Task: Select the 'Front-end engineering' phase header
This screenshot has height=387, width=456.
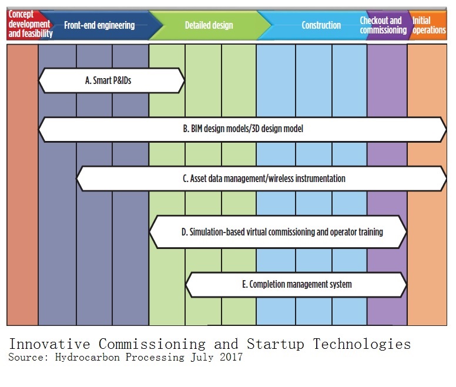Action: coord(103,25)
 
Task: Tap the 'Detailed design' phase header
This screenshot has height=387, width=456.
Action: coord(209,25)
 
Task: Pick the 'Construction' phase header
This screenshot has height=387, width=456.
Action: coord(321,25)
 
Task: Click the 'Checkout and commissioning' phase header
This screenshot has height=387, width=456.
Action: coord(383,25)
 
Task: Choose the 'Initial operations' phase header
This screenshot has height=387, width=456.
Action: coord(429,25)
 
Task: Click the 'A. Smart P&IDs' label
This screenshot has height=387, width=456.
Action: coord(108,81)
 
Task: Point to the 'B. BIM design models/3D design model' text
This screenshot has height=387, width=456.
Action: coord(243,129)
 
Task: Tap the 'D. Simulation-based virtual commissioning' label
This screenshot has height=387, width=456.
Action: coord(282,232)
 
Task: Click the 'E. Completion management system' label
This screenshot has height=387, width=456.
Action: coord(297,285)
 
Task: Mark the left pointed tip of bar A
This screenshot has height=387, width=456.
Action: coord(39,81)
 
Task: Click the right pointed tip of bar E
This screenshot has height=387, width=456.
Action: coord(407,285)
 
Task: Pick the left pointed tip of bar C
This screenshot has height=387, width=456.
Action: coord(77,179)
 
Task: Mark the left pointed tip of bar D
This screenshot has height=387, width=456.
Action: coord(150,232)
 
